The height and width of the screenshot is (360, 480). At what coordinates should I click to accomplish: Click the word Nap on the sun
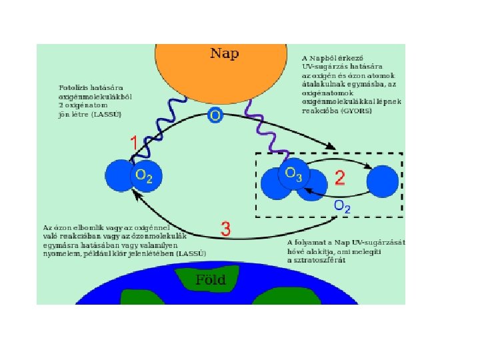(225, 53)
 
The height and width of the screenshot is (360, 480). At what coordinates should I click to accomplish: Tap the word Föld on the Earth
(210, 279)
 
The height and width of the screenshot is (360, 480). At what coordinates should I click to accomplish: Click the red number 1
(134, 143)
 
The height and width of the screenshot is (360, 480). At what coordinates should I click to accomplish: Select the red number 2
(339, 178)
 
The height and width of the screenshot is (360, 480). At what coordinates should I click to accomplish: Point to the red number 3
(225, 230)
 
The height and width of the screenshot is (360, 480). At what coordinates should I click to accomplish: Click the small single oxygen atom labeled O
(215, 115)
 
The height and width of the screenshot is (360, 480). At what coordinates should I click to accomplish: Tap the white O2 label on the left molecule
(143, 176)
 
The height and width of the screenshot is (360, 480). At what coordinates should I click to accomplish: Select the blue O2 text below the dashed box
(342, 207)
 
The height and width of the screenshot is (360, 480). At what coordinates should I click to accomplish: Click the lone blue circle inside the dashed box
(383, 181)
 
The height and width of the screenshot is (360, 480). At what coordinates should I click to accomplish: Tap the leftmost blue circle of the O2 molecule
(119, 176)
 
